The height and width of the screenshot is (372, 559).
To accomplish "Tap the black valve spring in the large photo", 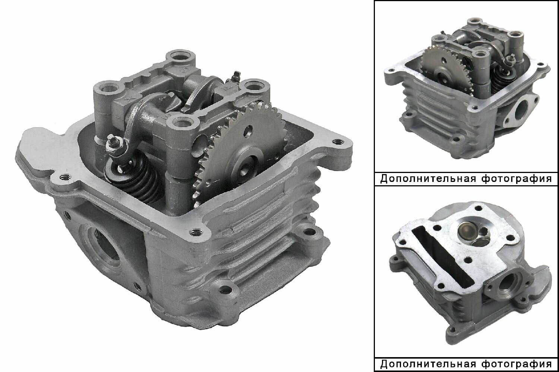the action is pyautogui.click(x=136, y=178).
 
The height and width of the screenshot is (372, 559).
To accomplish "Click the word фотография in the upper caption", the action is pyautogui.click(x=516, y=179).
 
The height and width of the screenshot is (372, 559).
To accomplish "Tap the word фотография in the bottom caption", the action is pyautogui.click(x=516, y=365).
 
